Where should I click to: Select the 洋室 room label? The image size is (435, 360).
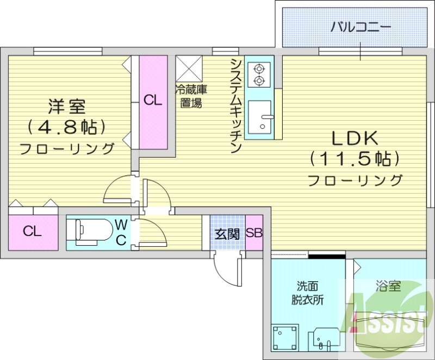click(x=66, y=107)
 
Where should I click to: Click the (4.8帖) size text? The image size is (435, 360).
click(x=66, y=127)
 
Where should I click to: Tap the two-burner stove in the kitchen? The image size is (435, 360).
click(x=259, y=75)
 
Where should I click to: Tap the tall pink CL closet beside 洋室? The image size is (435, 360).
click(x=153, y=101)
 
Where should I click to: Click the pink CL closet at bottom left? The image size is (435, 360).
click(x=33, y=232)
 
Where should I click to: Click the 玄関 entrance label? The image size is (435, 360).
click(x=227, y=234)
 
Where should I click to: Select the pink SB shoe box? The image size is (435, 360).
click(x=254, y=234)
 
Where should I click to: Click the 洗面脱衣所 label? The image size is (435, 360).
click(x=307, y=293)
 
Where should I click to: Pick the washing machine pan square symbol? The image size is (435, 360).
click(x=285, y=337)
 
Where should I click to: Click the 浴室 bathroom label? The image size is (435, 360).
click(x=388, y=285)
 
